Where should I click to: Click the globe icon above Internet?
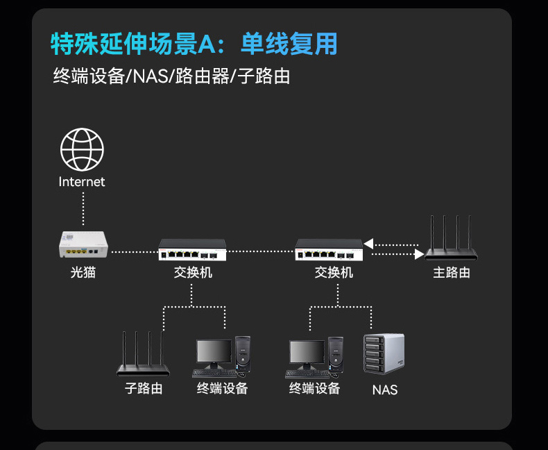point(82,149)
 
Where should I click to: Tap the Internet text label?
point(82,182)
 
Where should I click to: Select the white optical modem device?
point(83,244)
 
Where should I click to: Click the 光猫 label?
point(83,272)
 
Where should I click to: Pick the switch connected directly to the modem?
point(192,250)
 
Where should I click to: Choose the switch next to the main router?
point(329,250)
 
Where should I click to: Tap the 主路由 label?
point(452,273)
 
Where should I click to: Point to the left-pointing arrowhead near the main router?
point(368,244)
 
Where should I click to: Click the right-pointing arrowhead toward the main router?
point(420,254)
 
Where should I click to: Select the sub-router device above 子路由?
point(143,353)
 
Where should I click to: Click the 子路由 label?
point(144,388)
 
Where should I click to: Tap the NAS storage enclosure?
point(384,353)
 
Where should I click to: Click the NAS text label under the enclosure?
point(385,390)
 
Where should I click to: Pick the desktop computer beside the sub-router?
point(221,357)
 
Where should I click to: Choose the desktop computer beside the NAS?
point(314,358)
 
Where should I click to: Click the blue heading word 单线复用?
point(289,44)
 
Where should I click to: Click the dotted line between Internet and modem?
point(83,208)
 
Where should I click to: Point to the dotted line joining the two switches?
point(261,251)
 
